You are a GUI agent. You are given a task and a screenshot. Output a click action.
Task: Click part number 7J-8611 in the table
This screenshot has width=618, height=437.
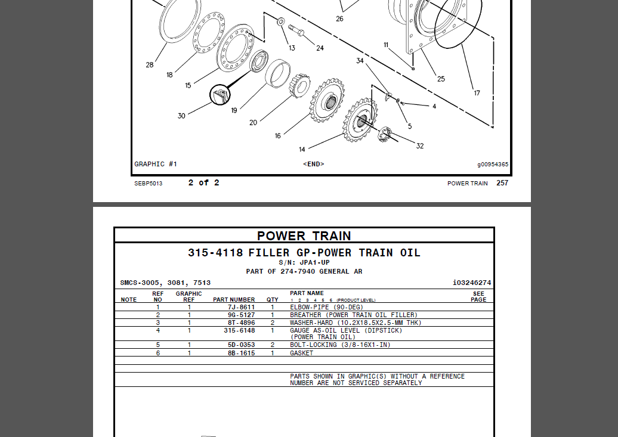241,307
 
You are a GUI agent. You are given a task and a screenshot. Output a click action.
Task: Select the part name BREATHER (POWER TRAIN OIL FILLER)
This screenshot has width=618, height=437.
353,315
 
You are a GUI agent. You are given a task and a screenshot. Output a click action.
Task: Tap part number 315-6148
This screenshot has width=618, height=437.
239,330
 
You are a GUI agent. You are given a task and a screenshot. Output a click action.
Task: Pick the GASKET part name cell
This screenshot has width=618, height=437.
301,353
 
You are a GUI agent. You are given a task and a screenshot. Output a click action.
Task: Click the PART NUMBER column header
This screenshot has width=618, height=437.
234,300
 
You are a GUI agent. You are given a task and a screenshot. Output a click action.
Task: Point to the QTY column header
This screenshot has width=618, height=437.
272,300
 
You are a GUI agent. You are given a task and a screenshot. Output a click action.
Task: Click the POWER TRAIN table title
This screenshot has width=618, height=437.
304,236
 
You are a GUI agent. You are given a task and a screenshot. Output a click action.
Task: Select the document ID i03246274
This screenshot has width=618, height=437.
472,283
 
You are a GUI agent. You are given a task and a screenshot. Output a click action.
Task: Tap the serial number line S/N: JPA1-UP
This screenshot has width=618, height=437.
304,262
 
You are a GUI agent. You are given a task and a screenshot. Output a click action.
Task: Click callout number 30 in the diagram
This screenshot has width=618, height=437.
181,116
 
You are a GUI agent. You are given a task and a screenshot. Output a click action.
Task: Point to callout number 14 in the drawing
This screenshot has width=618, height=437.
302,149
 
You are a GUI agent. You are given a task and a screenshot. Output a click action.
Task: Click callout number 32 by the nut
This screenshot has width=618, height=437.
420,146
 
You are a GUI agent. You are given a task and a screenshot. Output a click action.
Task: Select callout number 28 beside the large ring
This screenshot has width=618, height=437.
150,65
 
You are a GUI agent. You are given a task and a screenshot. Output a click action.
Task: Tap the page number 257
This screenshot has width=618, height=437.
502,183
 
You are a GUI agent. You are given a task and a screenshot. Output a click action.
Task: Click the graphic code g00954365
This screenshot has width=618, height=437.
493,165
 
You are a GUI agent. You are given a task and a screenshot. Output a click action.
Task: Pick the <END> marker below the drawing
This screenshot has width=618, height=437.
314,164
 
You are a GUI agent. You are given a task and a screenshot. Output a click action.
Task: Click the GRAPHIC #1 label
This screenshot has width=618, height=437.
156,164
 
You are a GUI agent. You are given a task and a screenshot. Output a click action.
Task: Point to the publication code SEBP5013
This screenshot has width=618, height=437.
148,184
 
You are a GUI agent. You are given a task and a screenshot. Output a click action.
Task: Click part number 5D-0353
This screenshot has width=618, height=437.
241,345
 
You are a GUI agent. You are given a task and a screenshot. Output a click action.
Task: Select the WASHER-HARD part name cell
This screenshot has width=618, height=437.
356,323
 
